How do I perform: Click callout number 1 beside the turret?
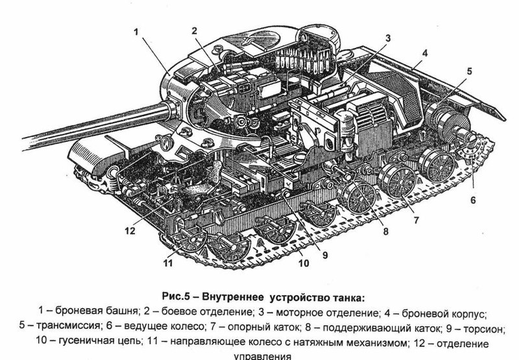137,30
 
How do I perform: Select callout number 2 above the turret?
193,30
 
